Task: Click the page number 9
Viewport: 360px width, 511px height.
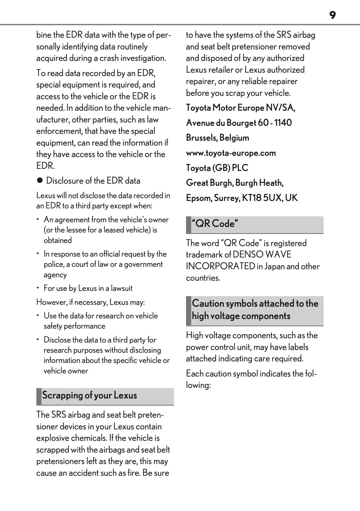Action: click(332, 15)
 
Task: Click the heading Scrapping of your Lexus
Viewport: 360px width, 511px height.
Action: click(90, 395)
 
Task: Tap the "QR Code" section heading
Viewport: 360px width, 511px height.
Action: click(215, 224)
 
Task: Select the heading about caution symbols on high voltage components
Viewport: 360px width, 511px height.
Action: click(255, 310)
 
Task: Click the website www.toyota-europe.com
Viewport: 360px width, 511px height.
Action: click(231, 153)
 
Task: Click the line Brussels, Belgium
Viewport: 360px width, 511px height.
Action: click(218, 138)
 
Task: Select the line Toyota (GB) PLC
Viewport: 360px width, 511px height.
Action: click(217, 168)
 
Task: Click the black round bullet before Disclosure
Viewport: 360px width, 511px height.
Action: click(39, 181)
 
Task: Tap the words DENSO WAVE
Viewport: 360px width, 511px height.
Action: click(262, 255)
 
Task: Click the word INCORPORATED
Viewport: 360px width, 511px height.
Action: click(220, 266)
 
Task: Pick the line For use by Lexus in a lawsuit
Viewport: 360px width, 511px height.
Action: click(88, 288)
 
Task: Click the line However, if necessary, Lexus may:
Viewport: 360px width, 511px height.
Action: click(91, 302)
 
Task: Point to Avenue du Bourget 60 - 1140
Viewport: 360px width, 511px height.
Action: click(239, 123)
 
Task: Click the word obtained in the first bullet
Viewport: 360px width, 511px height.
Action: click(58, 241)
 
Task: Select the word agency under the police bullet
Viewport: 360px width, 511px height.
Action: click(55, 275)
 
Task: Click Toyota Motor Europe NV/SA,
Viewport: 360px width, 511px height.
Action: click(240, 108)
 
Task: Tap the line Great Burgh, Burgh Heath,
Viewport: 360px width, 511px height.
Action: click(235, 183)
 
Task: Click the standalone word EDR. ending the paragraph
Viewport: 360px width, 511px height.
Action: click(45, 166)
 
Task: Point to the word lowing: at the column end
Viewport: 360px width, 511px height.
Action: click(198, 385)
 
